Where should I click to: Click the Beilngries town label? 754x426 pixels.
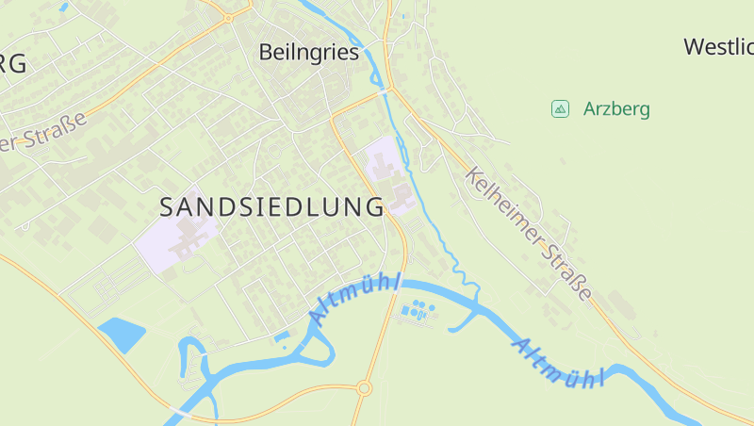tap(309, 53)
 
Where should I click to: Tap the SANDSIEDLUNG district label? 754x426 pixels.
tap(271, 206)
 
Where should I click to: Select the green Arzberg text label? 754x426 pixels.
tap(616, 108)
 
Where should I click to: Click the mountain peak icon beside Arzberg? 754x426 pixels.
tap(560, 108)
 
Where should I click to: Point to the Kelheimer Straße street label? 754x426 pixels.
tap(530, 234)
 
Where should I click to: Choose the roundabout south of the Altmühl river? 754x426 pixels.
tap(364, 387)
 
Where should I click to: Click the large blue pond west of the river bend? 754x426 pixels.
tap(121, 334)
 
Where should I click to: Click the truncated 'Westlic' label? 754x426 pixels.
tap(718, 46)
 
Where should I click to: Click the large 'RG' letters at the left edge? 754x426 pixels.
tap(12, 63)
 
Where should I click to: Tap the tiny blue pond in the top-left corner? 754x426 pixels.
tap(63, 7)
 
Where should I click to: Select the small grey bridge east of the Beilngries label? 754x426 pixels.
tap(386, 90)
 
